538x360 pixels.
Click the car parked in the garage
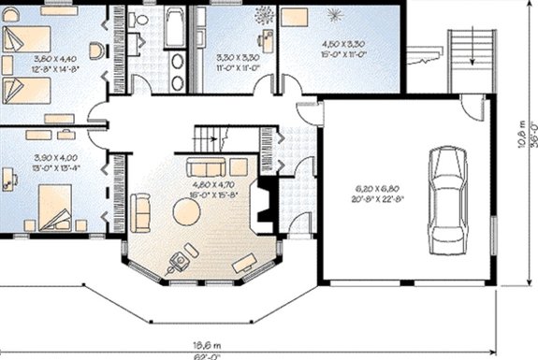[446, 198]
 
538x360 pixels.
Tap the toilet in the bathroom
[137, 21]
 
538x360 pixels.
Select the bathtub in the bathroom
[174, 28]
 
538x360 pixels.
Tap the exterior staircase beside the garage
[471, 61]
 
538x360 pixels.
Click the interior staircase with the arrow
[214, 139]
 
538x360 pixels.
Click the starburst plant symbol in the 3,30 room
[262, 16]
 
